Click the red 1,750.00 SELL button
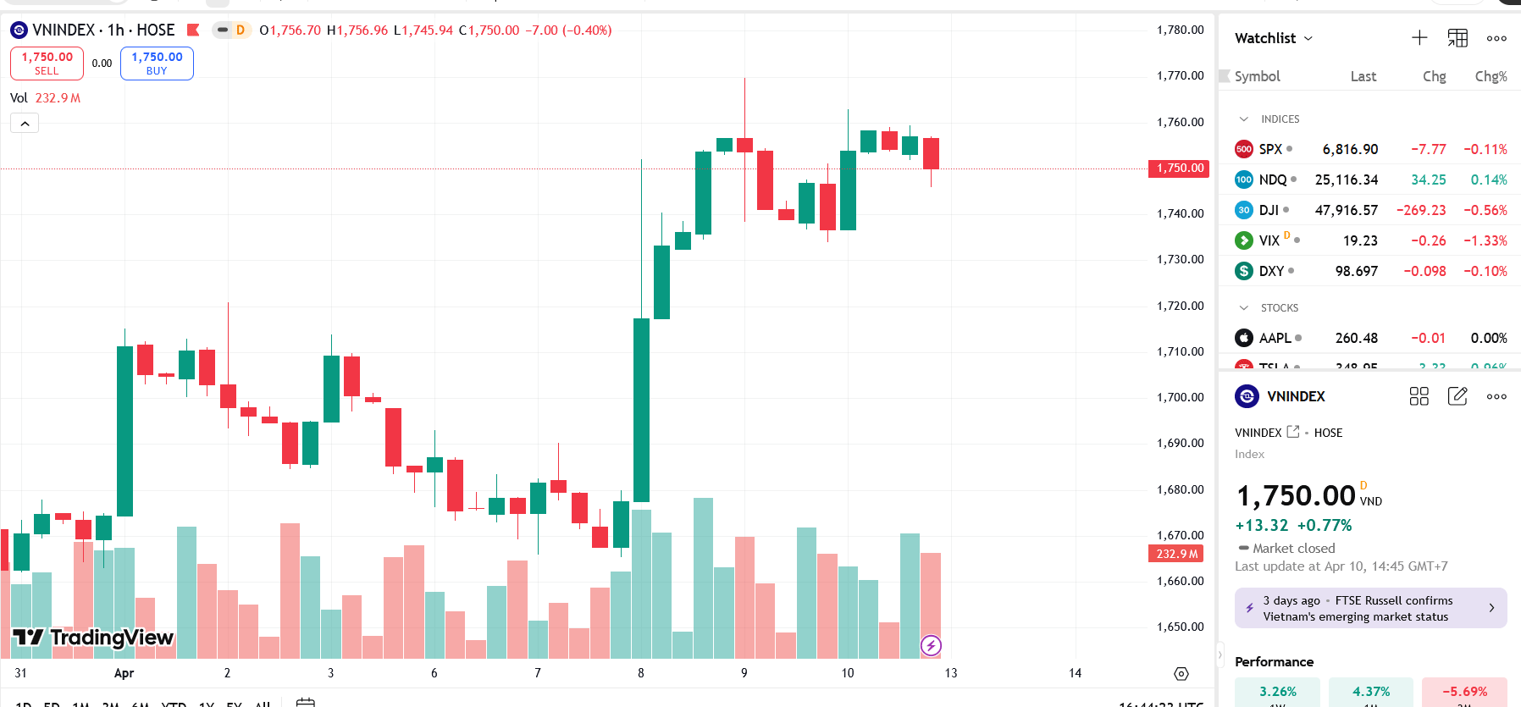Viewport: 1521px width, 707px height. click(47, 64)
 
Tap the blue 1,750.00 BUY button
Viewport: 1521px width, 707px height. click(157, 64)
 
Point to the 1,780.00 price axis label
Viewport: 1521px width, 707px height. click(1180, 30)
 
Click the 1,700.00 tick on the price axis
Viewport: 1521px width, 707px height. click(1180, 397)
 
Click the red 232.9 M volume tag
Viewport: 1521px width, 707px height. click(1176, 554)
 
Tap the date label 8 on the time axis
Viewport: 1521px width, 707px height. click(641, 673)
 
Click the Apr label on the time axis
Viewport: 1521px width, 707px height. click(124, 673)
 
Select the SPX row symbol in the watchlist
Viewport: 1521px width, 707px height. click(1270, 149)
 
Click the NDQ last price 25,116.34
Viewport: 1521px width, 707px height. click(1346, 180)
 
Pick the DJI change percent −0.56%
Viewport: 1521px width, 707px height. click(1485, 210)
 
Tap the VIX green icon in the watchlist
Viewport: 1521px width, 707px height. click(1243, 240)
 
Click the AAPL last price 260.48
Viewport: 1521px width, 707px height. click(1356, 338)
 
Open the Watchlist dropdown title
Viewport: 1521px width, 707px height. click(1273, 38)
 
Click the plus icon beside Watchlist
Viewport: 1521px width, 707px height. click(1419, 38)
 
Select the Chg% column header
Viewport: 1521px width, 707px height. click(1491, 76)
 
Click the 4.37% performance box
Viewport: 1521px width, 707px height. click(1370, 692)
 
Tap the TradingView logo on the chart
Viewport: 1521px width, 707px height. click(93, 638)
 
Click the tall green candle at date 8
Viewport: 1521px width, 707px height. click(641, 411)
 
